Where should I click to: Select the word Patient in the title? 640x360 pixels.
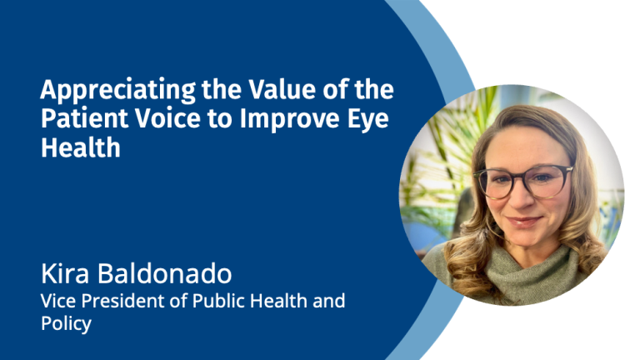[84, 118]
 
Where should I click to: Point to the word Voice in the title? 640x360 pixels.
[167, 118]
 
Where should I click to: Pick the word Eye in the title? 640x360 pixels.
[368, 120]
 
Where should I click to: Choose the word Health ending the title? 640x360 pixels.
[81, 147]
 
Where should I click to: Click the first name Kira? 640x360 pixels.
[65, 273]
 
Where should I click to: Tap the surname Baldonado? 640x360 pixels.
[164, 273]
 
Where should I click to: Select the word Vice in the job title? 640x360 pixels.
[58, 301]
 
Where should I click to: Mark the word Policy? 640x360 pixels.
[66, 324]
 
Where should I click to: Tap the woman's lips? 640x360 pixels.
[523, 222]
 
